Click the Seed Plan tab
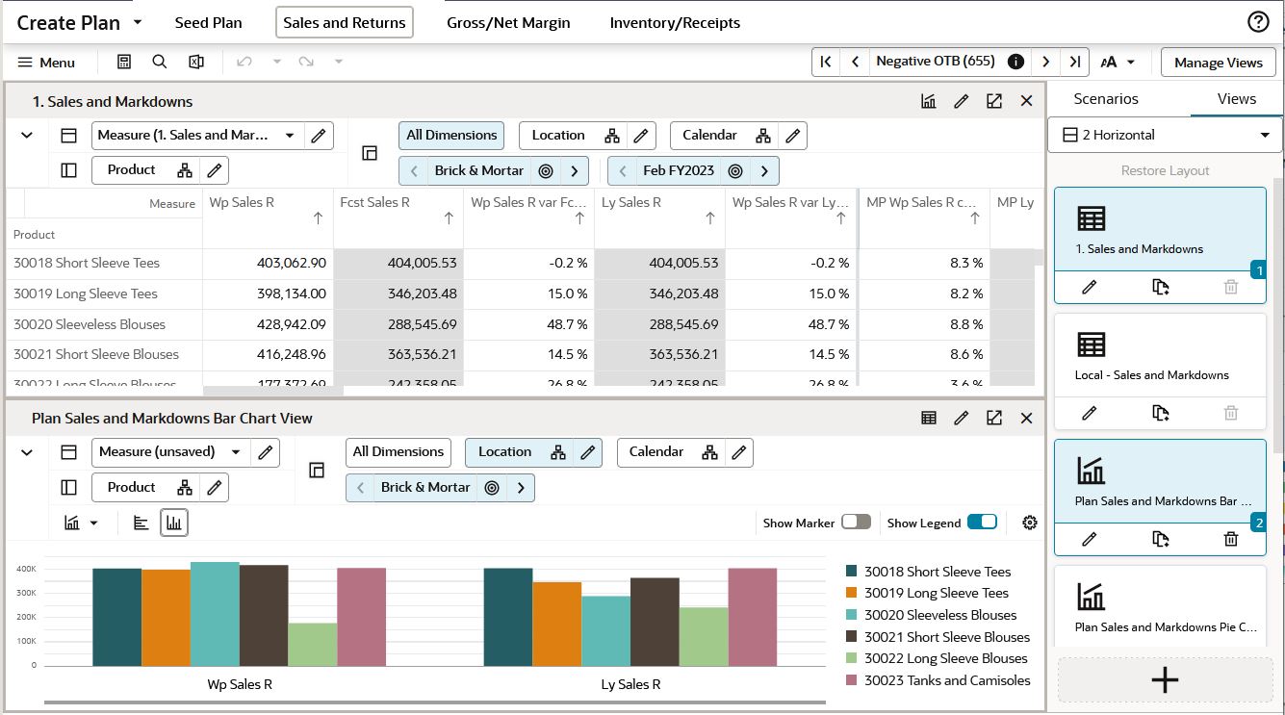[208, 22]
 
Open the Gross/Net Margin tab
[508, 22]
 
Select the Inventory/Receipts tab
[675, 22]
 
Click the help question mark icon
[1257, 22]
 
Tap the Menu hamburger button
[46, 63]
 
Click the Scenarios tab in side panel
[1106, 99]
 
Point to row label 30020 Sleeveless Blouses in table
[90, 324]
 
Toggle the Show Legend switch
[982, 522]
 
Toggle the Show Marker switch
[856, 522]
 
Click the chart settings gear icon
[1030, 523]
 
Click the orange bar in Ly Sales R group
[557, 624]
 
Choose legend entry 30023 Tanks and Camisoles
[946, 680]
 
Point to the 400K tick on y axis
[26, 569]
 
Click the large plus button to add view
[1165, 679]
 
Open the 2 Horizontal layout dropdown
[1165, 135]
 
